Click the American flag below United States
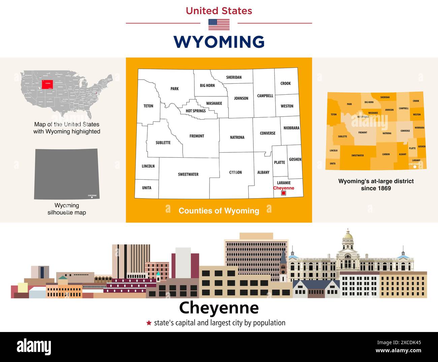click(x=219, y=24)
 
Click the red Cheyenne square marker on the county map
click(x=283, y=193)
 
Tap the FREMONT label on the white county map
click(x=197, y=136)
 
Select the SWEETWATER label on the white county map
click(x=188, y=174)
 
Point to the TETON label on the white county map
click(x=148, y=106)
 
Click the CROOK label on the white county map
click(x=285, y=83)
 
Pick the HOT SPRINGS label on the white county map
click(x=195, y=111)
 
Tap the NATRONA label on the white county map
click(x=237, y=138)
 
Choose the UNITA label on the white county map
click(x=147, y=188)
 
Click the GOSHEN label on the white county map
click(x=295, y=159)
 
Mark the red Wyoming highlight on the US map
click(x=47, y=84)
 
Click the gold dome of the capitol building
click(x=347, y=235)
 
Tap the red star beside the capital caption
click(x=149, y=323)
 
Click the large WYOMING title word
click(x=219, y=42)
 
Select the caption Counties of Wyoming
click(x=219, y=211)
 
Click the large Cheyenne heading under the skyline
click(x=219, y=307)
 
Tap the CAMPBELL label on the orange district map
click(x=404, y=109)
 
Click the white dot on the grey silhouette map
click(x=92, y=198)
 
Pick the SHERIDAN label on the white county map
click(x=234, y=77)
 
